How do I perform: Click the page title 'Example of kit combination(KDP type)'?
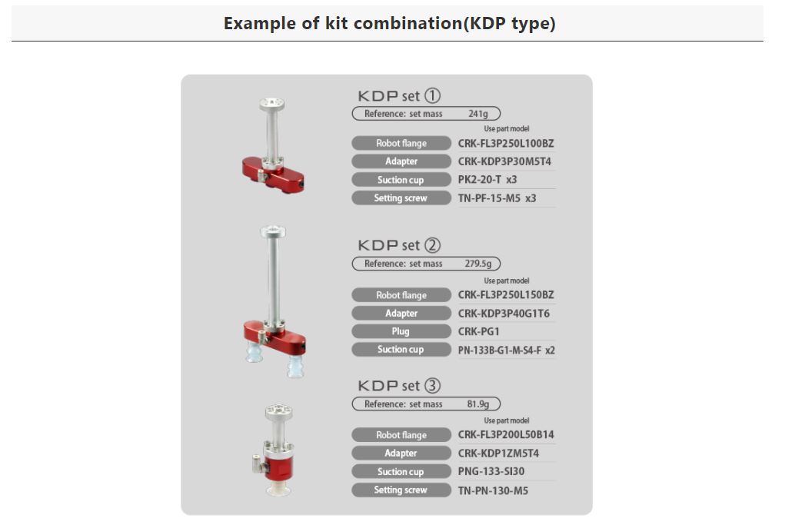[389, 24]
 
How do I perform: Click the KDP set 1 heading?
[399, 96]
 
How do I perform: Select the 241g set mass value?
[478, 114]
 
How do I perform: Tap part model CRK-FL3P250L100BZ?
[506, 144]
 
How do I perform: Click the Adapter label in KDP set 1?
[401, 161]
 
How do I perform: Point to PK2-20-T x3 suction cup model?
[487, 180]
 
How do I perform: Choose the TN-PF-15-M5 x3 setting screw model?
[497, 198]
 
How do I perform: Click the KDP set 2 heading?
[399, 245]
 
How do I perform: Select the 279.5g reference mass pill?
[426, 264]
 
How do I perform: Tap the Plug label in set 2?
[401, 331]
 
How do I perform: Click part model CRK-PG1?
[478, 332]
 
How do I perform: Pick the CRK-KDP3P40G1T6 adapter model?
[504, 314]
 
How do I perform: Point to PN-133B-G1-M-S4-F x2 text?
[506, 351]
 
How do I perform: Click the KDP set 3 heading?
[399, 386]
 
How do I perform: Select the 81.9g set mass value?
[478, 404]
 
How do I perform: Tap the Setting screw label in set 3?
[401, 490]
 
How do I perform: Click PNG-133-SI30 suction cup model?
[491, 472]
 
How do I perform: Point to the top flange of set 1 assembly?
[271, 105]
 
